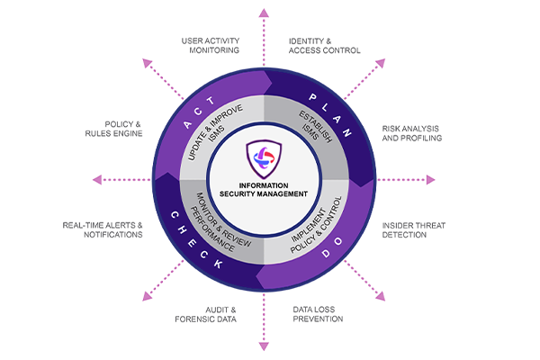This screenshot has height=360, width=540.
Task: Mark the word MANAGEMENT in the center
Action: [x=287, y=194]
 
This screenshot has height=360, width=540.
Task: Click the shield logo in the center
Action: [x=268, y=158]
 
